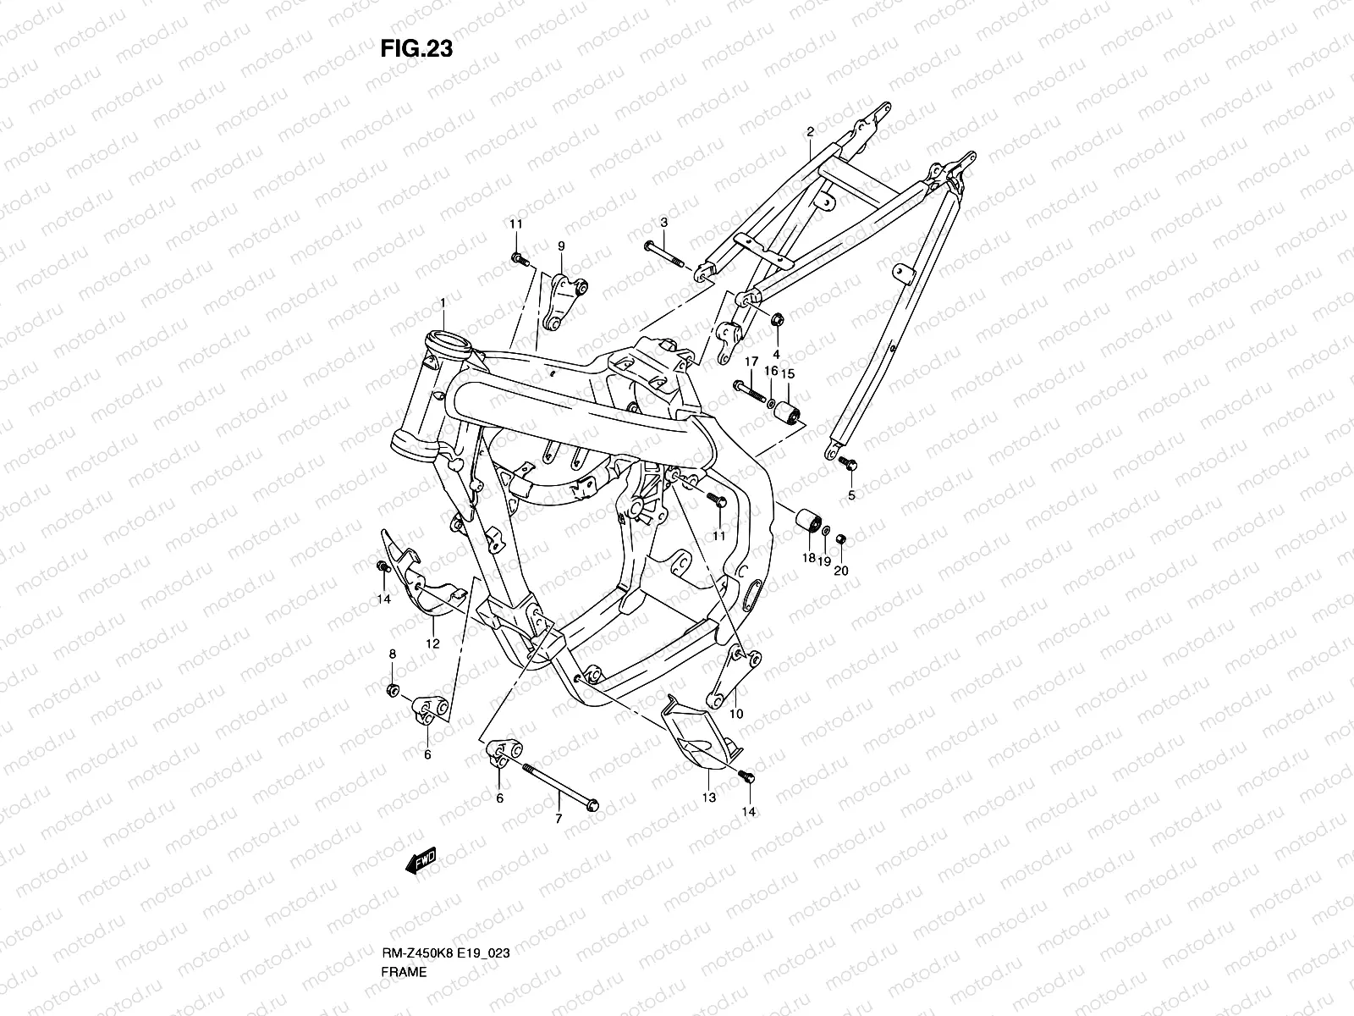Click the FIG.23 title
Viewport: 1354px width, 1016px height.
tap(416, 49)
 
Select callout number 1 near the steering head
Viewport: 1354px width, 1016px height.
tap(442, 302)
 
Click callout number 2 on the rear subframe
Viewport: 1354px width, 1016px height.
tap(810, 132)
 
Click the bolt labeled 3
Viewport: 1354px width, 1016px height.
tap(664, 253)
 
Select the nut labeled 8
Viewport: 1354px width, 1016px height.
tap(392, 691)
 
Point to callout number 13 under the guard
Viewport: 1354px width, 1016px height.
tap(708, 798)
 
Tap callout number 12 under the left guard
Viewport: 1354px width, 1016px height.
tap(432, 643)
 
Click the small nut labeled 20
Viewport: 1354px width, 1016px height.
tap(840, 539)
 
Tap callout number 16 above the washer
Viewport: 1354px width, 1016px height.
tap(771, 372)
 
